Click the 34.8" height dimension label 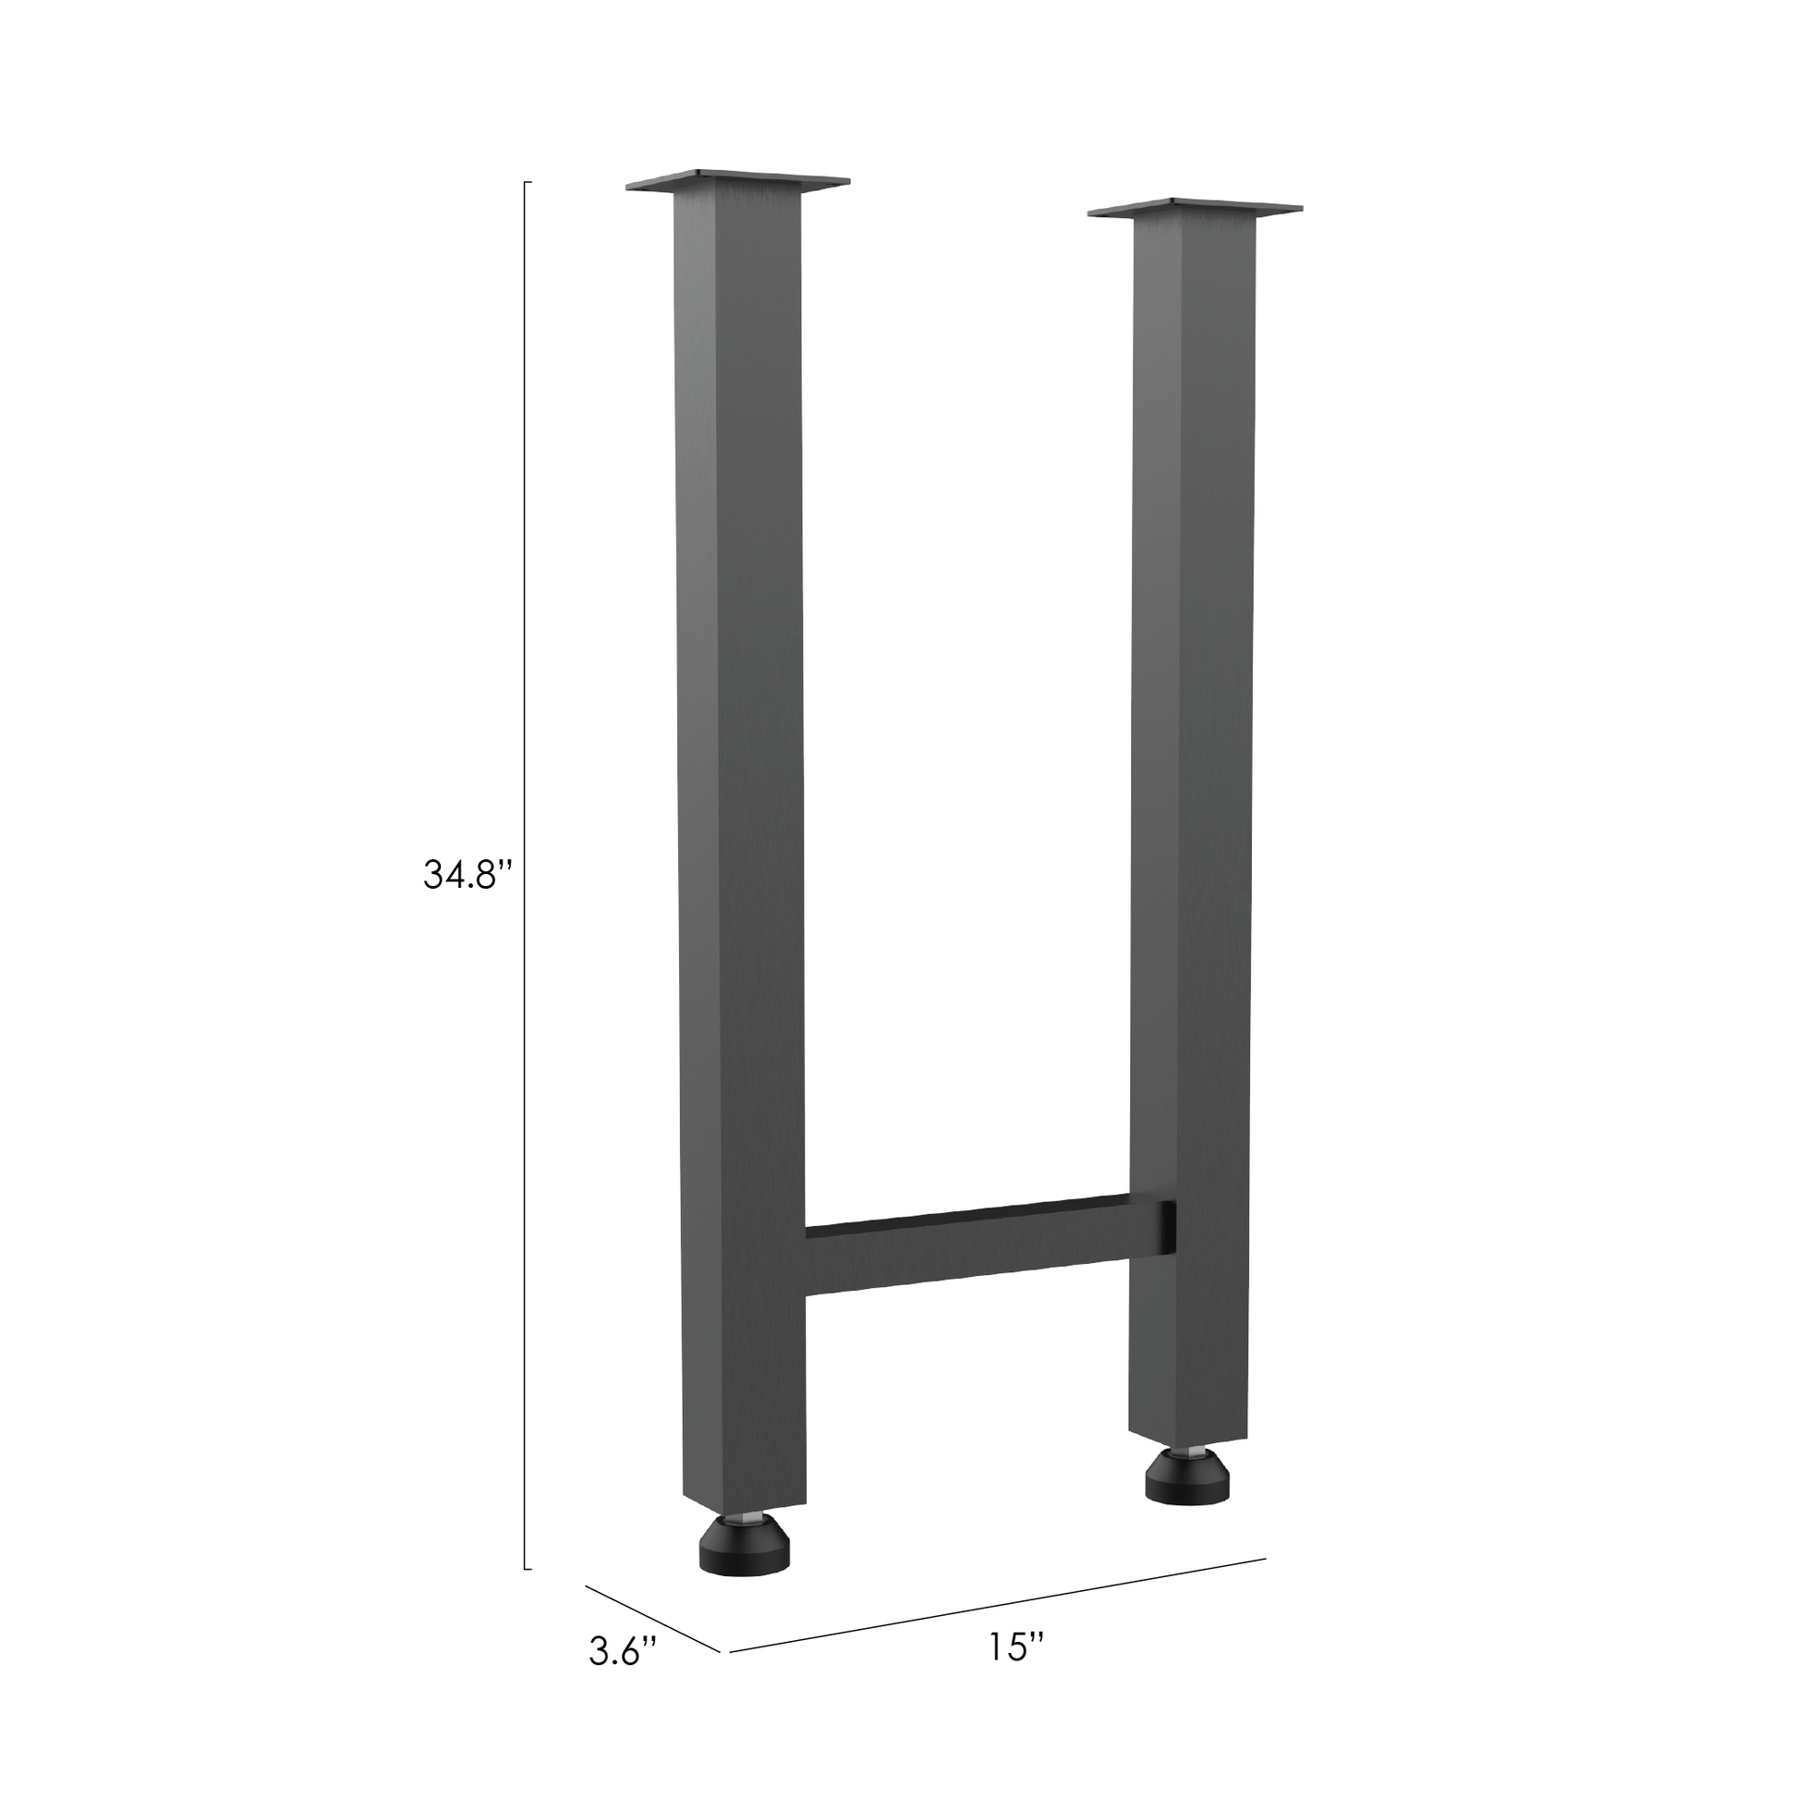468,875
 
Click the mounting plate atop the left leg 738,180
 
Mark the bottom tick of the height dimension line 528,1569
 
